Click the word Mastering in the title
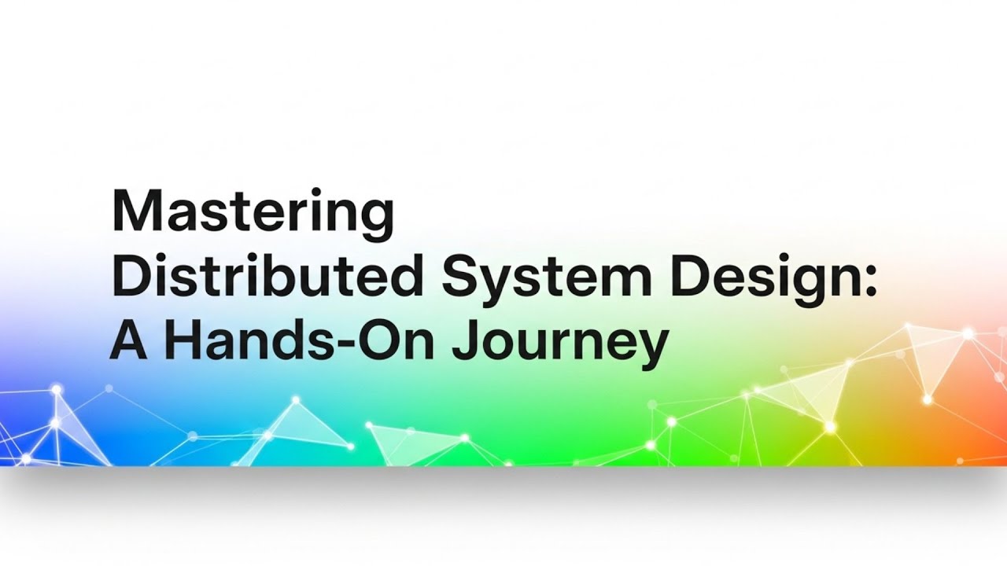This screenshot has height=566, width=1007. pos(253,212)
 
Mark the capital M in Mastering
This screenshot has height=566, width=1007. pos(135,211)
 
